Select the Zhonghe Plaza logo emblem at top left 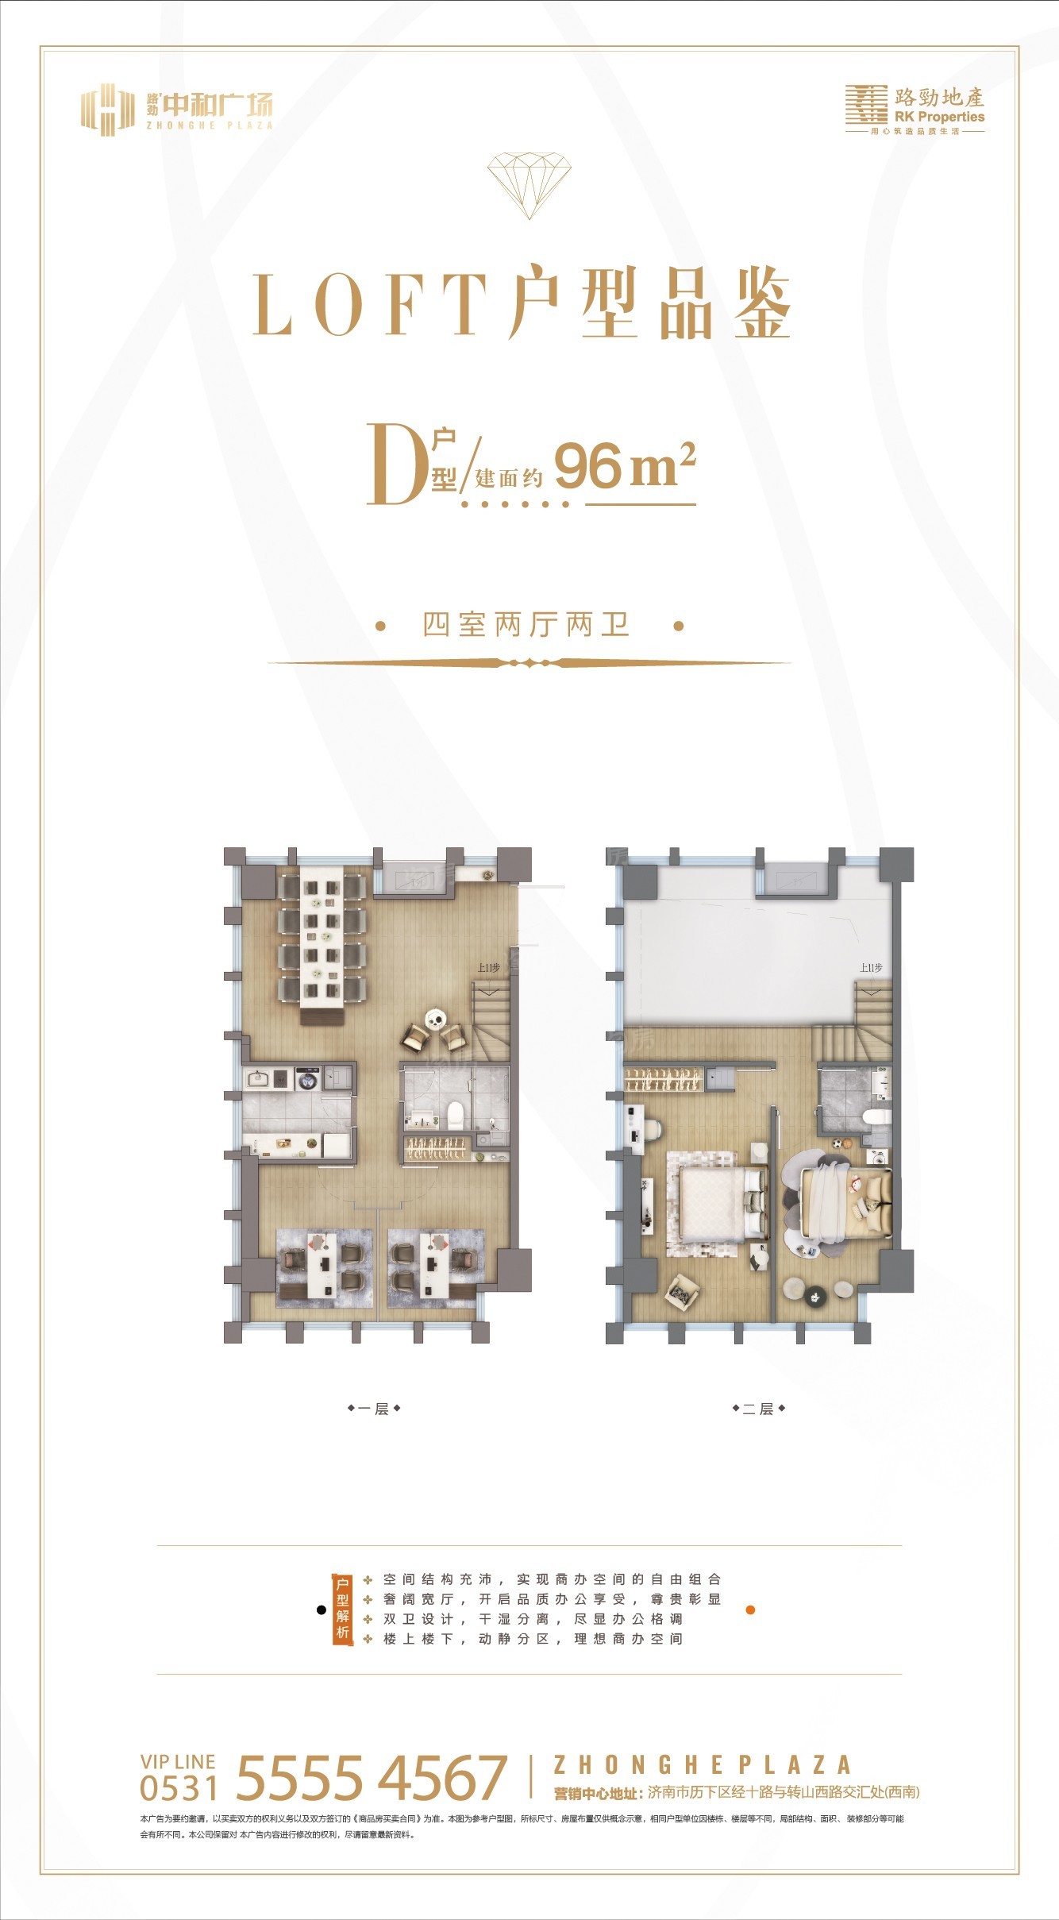click(107, 110)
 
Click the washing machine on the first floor click(307, 1079)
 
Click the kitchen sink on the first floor click(258, 1079)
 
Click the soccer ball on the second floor click(837, 1143)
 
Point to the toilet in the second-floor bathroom click(875, 1116)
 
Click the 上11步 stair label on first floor click(487, 969)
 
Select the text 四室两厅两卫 click(527, 625)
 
